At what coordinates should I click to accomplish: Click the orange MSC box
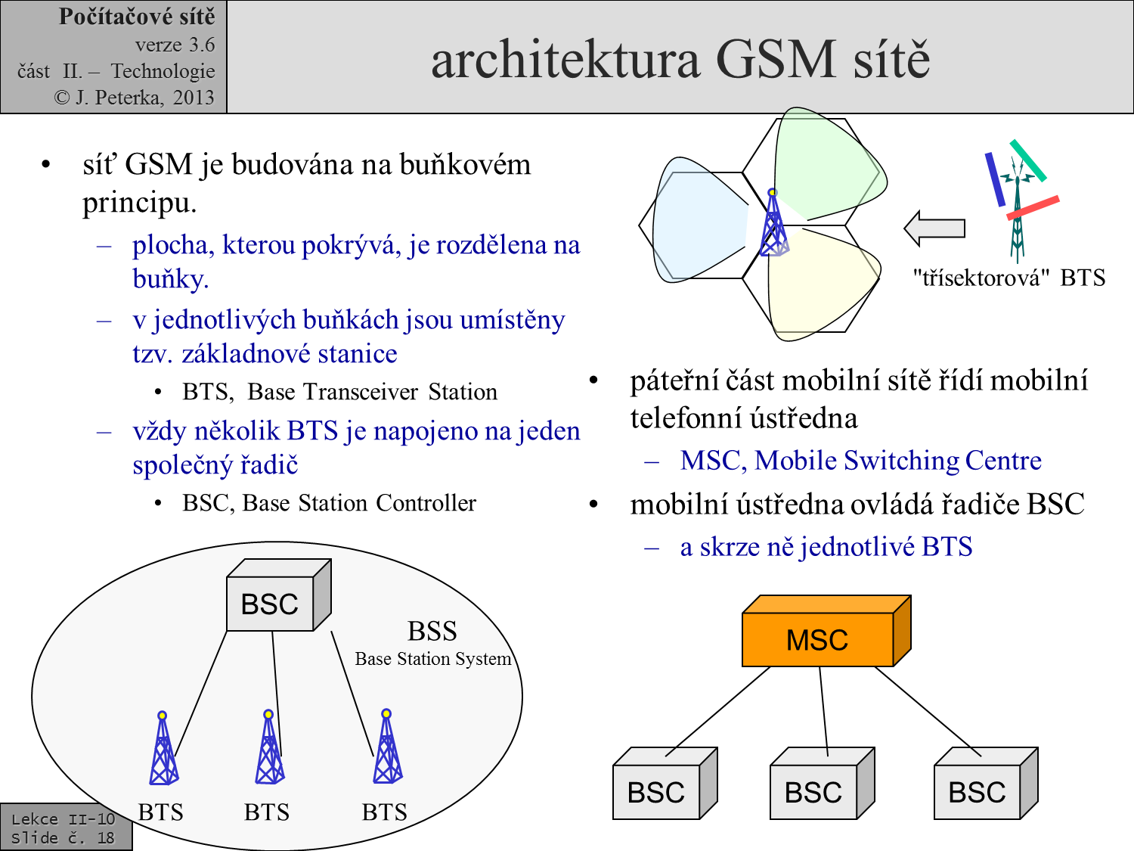coord(826,631)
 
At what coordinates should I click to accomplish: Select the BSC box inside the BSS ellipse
coord(278,595)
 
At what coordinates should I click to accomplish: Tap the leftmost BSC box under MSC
coord(665,784)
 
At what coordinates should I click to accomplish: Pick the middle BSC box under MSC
coord(822,784)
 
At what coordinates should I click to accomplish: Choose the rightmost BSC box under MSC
coord(986,784)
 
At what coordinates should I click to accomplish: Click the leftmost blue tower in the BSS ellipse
coord(164,748)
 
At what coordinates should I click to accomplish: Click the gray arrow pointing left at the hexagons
coord(934,228)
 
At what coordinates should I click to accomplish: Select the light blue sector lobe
coord(698,220)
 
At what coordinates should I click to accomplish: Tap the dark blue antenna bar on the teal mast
coord(995,179)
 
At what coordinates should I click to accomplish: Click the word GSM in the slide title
coord(776,60)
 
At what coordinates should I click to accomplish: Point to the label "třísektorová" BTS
coord(1009,278)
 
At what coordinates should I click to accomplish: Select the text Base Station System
coord(433,659)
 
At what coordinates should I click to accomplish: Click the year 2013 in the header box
coord(194,97)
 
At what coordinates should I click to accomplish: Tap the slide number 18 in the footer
coord(106,837)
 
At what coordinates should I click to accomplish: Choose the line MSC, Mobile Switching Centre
coord(860,460)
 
